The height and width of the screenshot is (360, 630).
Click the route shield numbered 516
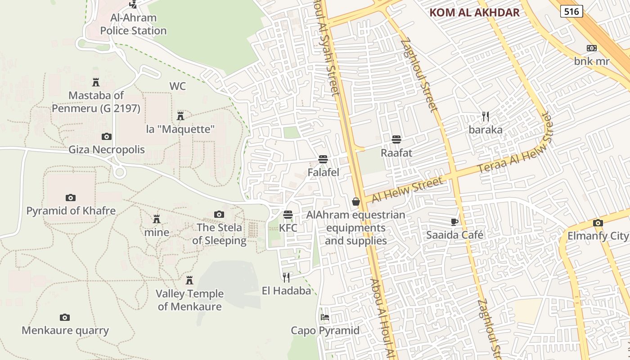571,11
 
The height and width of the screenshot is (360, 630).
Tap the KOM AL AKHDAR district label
474,13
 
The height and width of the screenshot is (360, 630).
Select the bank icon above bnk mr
591,48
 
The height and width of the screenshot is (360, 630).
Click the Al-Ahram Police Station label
133,24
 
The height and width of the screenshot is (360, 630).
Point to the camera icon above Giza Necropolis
107,136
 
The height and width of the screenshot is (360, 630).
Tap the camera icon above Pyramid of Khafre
70,198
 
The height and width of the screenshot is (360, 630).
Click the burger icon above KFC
288,215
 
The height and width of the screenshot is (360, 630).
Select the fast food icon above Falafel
323,159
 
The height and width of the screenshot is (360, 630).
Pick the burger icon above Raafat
396,139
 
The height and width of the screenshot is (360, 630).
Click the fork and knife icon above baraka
485,117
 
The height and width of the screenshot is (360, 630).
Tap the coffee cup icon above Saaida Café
454,222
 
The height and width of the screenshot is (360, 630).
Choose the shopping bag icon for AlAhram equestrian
356,202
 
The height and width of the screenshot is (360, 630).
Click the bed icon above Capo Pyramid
325,317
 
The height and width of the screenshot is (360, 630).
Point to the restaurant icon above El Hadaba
286,277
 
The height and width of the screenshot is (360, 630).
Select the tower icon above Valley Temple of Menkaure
189,280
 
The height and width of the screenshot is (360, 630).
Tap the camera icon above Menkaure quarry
65,317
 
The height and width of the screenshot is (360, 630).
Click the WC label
178,86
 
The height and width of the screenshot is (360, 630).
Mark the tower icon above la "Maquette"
180,116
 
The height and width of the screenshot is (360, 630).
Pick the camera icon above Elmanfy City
598,223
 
